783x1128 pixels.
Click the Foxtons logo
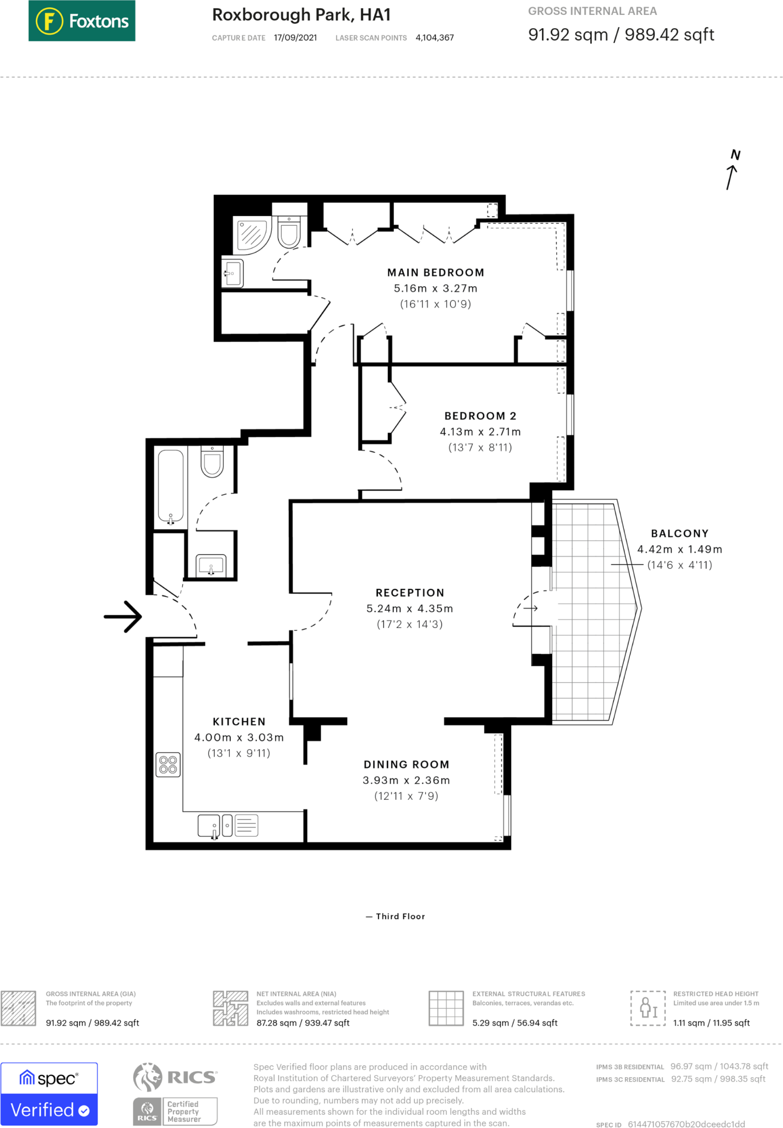point(82,21)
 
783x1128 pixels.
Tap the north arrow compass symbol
point(732,170)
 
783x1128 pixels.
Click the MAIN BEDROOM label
point(436,273)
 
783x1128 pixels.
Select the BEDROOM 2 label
point(480,416)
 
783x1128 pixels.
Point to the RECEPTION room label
point(410,593)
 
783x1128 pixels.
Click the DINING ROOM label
point(407,764)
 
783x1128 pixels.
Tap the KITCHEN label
point(239,722)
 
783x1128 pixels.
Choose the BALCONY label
point(680,533)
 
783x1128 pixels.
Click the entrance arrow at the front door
point(123,616)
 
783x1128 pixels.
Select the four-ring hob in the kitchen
point(168,765)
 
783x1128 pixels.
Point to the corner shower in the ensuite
point(252,235)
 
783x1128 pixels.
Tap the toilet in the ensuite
point(289,231)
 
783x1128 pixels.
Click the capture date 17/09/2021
point(295,37)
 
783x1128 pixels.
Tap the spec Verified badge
point(49,1093)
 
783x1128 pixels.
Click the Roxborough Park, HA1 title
point(301,15)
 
